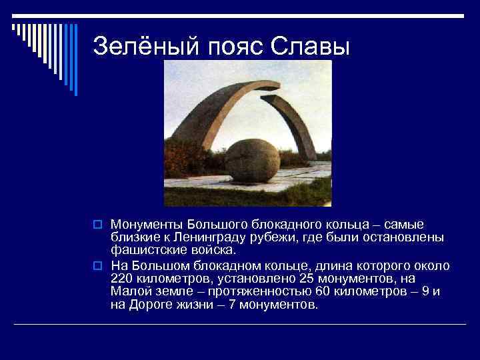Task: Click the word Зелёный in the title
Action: point(137,45)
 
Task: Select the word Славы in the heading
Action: point(309,45)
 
